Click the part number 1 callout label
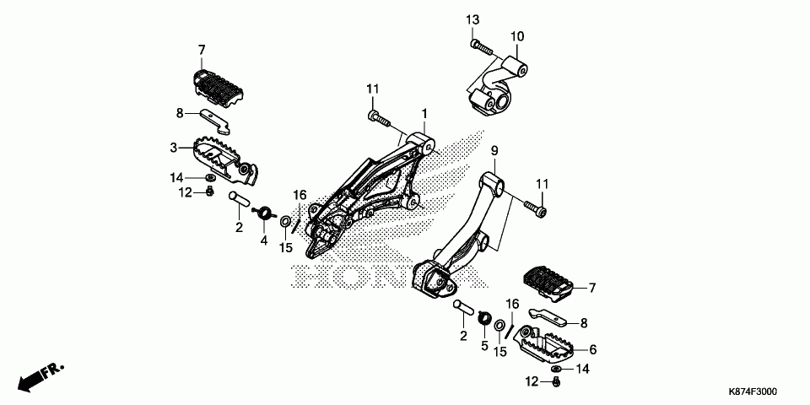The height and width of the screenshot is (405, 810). coord(425,113)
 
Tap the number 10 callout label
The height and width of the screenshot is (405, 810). coord(516,36)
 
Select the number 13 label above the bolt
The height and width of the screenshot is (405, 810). coord(472,19)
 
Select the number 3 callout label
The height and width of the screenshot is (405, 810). coord(174,148)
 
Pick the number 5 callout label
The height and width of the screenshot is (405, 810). coord(484,345)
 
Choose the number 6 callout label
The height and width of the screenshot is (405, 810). coord(592,349)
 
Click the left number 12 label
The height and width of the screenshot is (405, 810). coord(185,192)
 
